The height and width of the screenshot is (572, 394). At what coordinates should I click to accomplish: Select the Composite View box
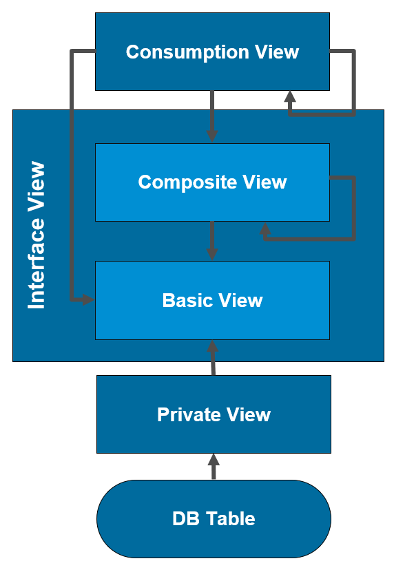click(212, 182)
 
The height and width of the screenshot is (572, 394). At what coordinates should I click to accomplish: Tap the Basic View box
click(212, 301)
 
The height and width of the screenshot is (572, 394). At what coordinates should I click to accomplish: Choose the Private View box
click(214, 414)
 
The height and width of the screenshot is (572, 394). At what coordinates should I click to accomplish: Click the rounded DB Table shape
click(214, 519)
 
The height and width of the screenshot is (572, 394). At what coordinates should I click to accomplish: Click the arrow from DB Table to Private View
click(214, 467)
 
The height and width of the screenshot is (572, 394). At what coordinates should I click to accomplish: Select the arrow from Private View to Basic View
click(212, 358)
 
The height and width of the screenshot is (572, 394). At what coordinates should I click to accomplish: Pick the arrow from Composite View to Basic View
click(212, 241)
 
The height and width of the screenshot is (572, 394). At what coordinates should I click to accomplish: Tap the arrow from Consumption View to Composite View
click(212, 117)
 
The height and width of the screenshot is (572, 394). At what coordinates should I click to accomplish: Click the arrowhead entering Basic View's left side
click(87, 299)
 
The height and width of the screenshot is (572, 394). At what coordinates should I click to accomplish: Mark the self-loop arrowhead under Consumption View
click(290, 98)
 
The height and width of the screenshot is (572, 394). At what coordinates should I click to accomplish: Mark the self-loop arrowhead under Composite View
click(265, 229)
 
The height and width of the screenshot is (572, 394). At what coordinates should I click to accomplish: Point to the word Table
click(231, 519)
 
